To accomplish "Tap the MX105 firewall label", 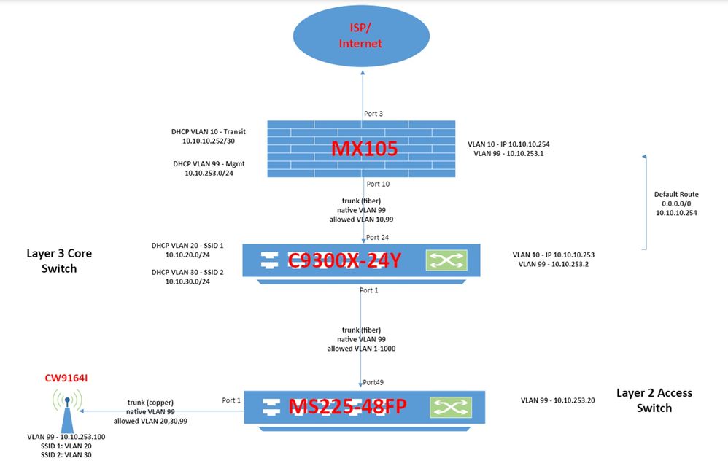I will click(x=364, y=149).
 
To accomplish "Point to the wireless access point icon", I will click(x=66, y=408).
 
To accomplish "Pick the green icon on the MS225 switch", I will click(x=448, y=406).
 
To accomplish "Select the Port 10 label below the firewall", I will click(x=377, y=184).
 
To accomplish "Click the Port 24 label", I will click(x=377, y=237).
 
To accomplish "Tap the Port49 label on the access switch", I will click(x=373, y=382).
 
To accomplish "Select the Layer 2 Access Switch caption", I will click(x=654, y=400).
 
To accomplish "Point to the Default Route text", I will click(x=676, y=195).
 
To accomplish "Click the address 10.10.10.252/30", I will click(x=208, y=141).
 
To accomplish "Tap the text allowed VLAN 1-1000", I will click(x=362, y=349).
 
